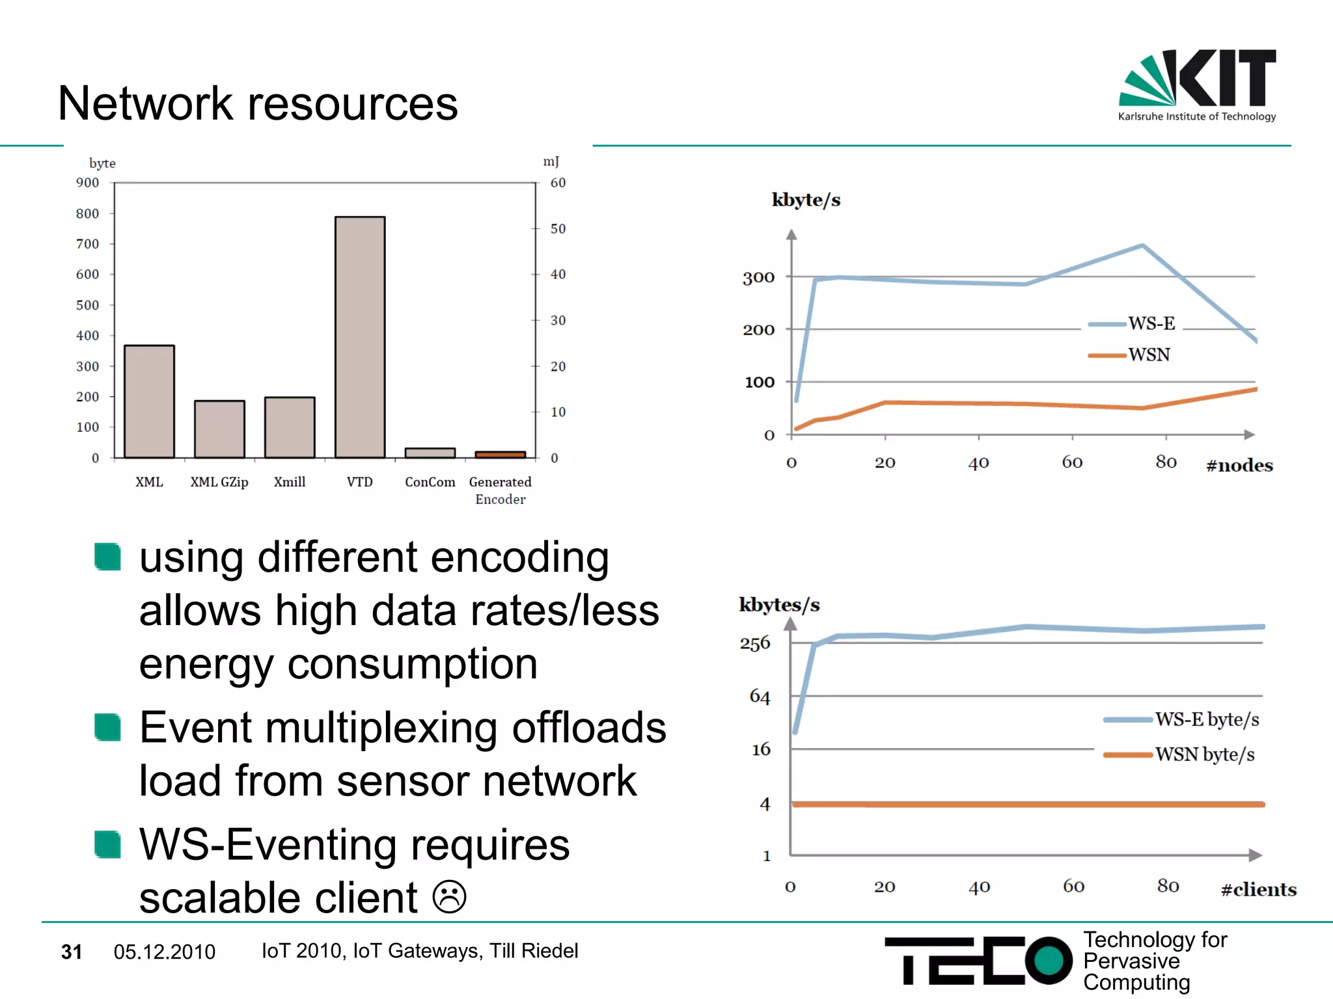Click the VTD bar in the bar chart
360,337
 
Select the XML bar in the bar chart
149,401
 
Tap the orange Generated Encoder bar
500,454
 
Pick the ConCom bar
430,453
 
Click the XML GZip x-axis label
219,482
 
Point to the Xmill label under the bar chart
290,482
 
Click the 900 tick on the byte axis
87,183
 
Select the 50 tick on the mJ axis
558,229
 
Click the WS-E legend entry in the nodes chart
1133,323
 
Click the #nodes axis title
1239,465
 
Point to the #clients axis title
1258,889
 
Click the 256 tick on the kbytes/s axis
755,643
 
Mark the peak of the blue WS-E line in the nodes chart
1143,245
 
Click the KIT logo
1197,85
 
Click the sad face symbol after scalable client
449,897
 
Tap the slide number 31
72,952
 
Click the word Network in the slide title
145,103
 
